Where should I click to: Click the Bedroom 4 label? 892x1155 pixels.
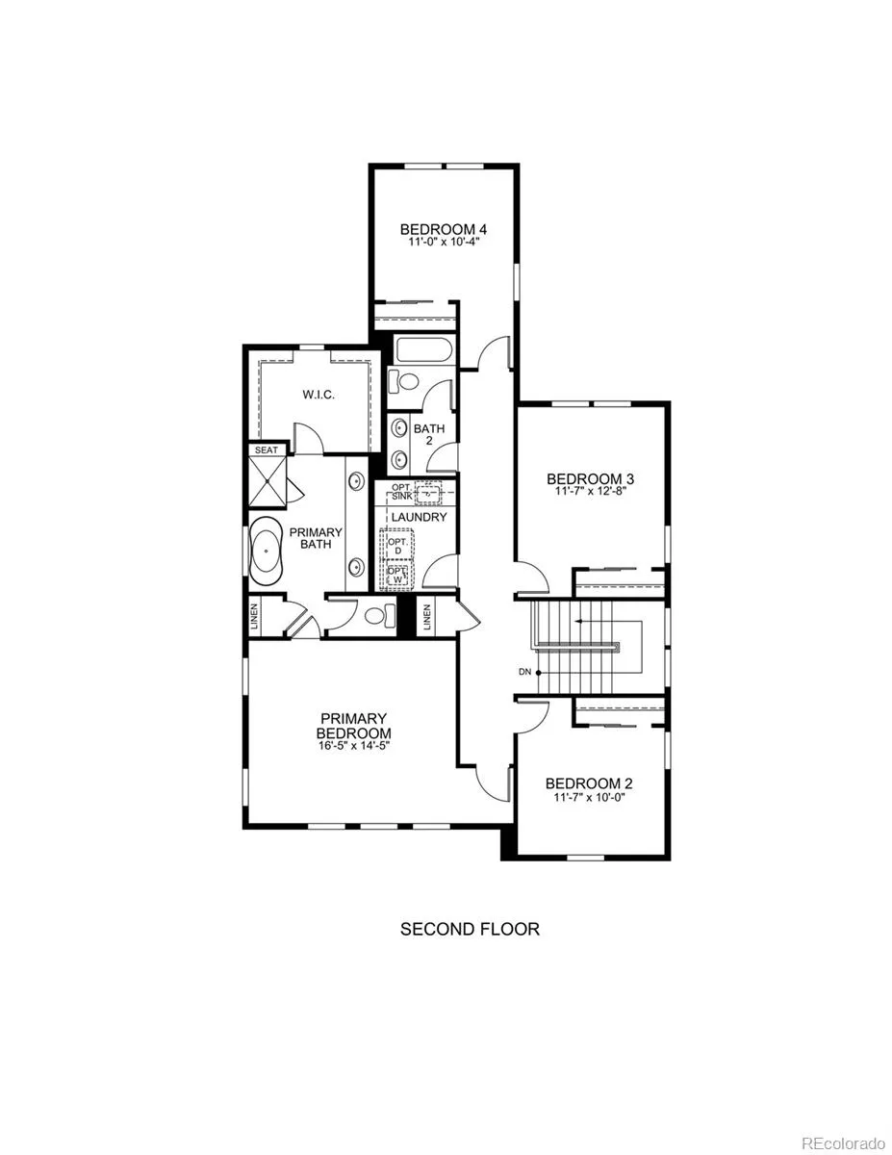point(443,229)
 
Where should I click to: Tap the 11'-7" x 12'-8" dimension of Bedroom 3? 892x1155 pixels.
point(591,491)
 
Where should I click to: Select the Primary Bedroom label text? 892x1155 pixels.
point(354,726)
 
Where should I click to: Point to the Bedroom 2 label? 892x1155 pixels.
point(589,783)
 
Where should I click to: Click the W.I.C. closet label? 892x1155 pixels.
point(319,395)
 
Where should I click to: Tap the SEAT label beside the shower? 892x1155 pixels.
point(267,450)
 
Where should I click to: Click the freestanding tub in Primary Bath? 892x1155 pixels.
point(267,552)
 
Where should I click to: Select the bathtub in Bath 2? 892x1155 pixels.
point(423,350)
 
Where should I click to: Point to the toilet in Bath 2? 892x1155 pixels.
point(404,381)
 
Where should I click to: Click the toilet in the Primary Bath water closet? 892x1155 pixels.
point(380,615)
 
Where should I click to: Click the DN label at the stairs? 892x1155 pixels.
point(524,672)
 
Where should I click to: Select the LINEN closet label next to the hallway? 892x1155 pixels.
point(427,617)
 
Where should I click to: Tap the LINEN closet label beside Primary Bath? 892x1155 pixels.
point(254,617)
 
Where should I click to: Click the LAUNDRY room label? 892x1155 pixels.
point(420,517)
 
